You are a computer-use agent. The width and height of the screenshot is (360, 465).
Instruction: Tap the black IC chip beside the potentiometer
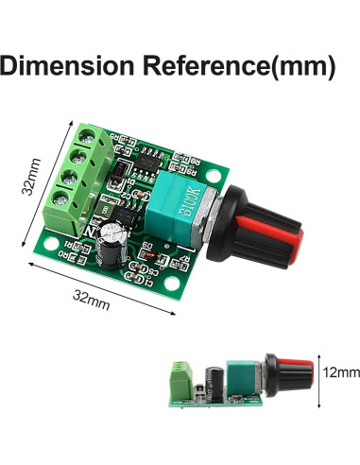pyautogui.click(x=147, y=162)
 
